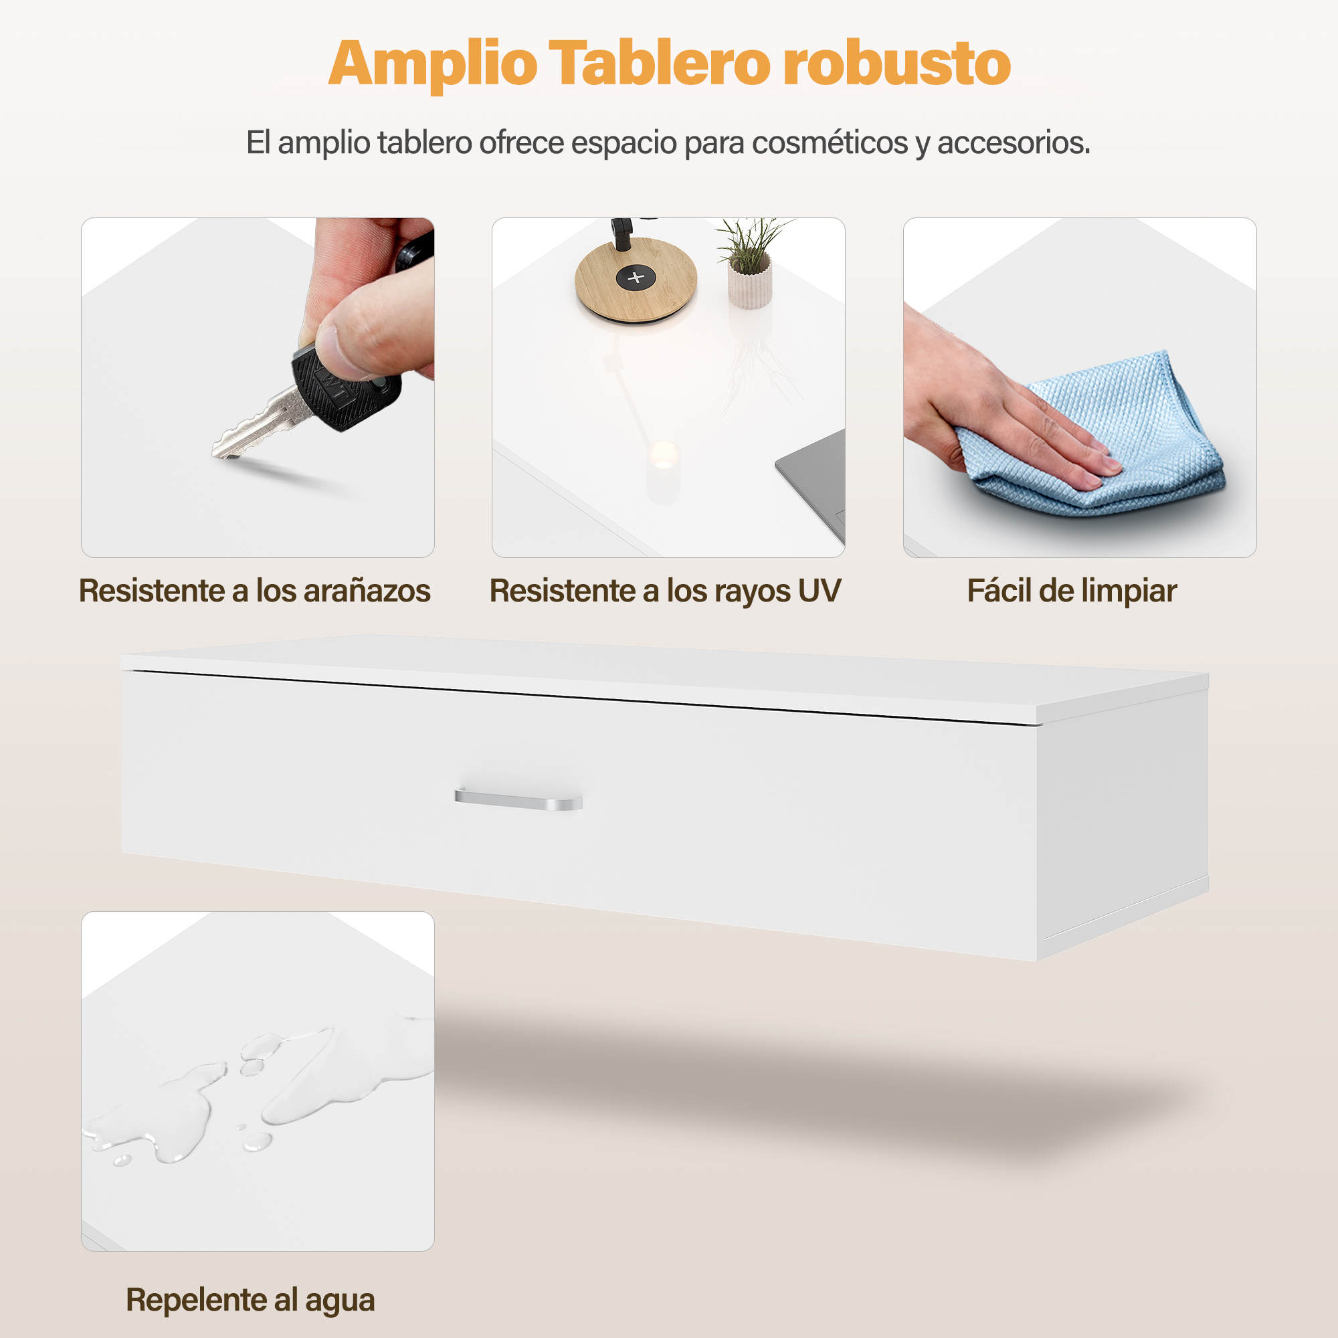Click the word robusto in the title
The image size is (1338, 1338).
(898, 63)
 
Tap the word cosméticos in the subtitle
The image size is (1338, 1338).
(829, 142)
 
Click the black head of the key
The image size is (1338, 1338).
(347, 389)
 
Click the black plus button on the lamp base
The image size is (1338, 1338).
(636, 278)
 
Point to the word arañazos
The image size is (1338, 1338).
(367, 591)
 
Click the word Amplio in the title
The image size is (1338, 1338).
(433, 64)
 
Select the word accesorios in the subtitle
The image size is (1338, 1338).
(1014, 142)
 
